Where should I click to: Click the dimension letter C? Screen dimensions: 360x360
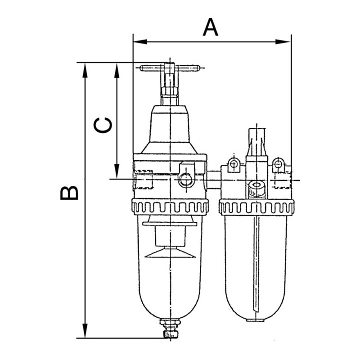pyautogui.click(x=103, y=126)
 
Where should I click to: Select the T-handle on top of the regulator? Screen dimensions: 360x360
pyautogui.click(x=170, y=68)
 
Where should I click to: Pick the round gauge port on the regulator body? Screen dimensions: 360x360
pyautogui.click(x=185, y=180)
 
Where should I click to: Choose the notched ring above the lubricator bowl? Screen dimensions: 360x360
pyautogui.click(x=256, y=207)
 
